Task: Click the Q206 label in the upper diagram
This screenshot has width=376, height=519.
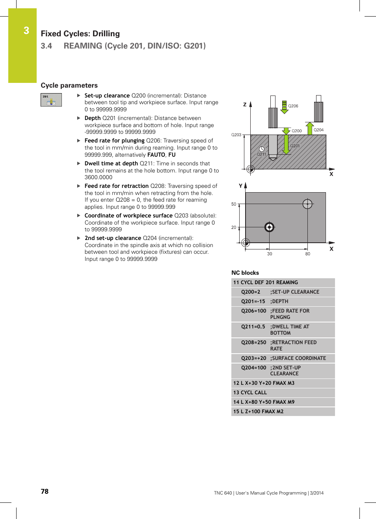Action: pos(293,106)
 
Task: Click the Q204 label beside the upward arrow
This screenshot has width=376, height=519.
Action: pos(318,130)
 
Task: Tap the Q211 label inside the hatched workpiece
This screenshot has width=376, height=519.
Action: pos(261,154)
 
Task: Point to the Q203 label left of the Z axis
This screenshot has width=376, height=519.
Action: pos(236,135)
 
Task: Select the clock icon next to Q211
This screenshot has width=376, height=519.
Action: pos(262,149)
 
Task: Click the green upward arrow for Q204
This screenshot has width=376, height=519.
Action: pos(310,129)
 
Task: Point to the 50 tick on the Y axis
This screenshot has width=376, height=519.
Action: pos(234,204)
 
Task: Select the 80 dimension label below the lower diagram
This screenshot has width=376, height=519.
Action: pos(307,254)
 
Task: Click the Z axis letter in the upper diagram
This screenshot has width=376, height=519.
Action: pos(245,105)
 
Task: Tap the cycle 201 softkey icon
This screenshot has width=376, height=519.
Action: pos(51,100)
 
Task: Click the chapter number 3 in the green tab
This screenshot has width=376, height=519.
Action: pos(26,31)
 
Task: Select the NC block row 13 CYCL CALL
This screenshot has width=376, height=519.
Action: pos(250,393)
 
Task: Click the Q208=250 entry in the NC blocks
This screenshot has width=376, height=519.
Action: pos(253,343)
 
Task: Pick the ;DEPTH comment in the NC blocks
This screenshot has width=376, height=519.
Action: pos(279,302)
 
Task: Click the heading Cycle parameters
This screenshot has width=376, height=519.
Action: pos(69,85)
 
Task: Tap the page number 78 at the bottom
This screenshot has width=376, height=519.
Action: pos(45,491)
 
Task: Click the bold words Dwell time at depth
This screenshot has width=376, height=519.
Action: pos(111,163)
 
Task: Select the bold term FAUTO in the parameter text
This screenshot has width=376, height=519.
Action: pos(156,155)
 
